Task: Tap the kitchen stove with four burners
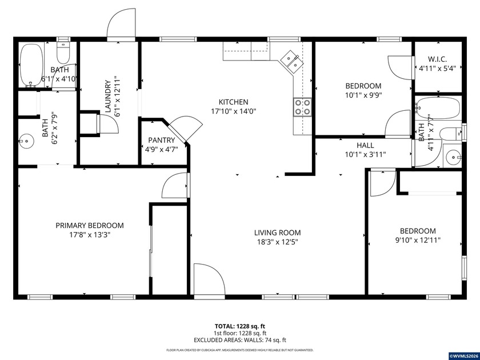tap(302, 107)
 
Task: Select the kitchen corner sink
tap(292, 61)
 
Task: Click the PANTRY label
tap(161, 140)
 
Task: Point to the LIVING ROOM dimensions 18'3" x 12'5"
tap(277, 242)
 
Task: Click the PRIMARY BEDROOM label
tap(89, 225)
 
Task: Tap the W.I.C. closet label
tap(437, 59)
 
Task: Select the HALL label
tap(365, 145)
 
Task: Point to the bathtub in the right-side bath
tap(434, 108)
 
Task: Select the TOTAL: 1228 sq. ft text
tap(240, 326)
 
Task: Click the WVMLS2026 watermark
tap(463, 355)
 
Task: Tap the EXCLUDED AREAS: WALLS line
tap(240, 340)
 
